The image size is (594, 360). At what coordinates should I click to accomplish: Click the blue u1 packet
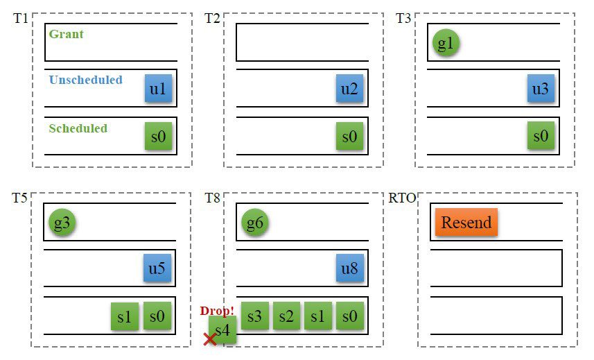[x=158, y=89]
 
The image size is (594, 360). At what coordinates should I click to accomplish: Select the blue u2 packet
[x=349, y=89]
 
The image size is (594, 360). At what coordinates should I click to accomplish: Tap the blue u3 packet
[x=541, y=89]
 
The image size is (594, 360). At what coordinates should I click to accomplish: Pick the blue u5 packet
[x=157, y=268]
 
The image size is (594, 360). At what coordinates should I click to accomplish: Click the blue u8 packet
[x=349, y=268]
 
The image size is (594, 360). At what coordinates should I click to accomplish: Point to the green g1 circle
[x=446, y=43]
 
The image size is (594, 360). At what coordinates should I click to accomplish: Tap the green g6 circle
[x=254, y=223]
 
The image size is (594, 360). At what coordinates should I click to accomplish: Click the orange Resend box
[x=466, y=223]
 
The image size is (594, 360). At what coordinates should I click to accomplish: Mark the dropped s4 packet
[x=223, y=330]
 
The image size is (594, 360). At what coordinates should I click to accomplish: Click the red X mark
[x=208, y=339]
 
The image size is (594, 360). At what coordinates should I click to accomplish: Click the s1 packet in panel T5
[x=125, y=316]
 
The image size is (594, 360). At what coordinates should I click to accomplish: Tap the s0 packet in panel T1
[x=158, y=136]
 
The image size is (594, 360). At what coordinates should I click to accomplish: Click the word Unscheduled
[x=85, y=80]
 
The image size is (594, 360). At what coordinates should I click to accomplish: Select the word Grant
[x=66, y=33]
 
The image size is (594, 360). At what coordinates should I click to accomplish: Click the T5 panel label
[x=19, y=198]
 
